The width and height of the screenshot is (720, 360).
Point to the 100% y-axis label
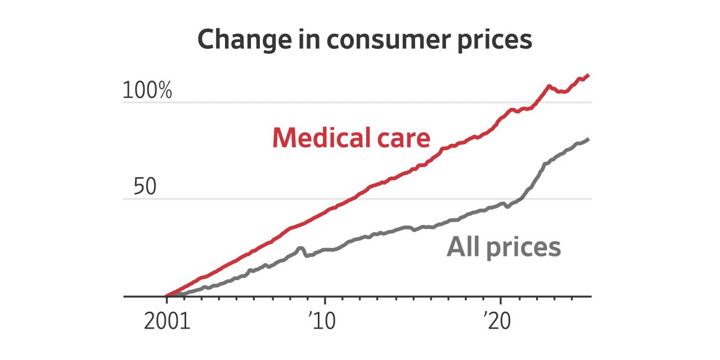pos(147,91)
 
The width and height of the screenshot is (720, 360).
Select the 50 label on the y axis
pos(145,188)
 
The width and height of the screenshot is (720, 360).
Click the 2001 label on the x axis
pos(167,322)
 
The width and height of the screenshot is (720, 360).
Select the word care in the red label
pos(404,138)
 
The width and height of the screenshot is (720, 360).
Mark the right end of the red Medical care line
pos(588,75)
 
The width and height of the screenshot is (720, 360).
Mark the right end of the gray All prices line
pos(588,139)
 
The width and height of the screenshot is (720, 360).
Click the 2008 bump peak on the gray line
pos(300,247)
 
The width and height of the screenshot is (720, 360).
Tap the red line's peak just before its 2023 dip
pos(548,86)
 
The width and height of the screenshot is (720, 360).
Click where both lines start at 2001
pos(166,295)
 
